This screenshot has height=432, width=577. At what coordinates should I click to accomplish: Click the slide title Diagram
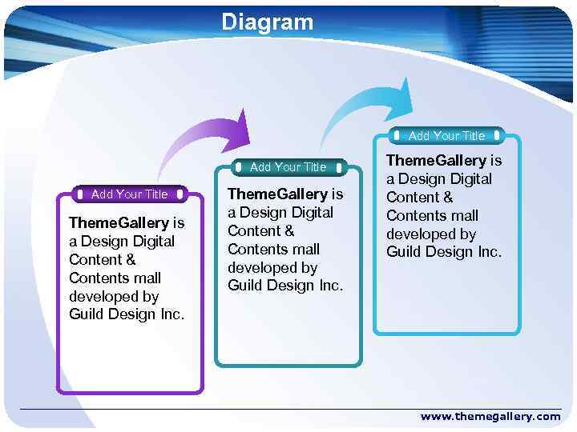point(268,22)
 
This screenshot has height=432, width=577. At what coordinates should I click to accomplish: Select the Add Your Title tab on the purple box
point(129,194)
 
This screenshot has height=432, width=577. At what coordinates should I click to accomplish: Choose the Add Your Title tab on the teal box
point(288,167)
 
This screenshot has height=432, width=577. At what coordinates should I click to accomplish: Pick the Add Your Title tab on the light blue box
point(446,135)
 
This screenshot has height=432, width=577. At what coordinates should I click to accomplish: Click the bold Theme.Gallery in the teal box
point(277,194)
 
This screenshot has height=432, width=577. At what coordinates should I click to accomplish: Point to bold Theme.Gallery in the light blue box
point(436,161)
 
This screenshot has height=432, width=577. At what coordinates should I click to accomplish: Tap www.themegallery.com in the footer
point(490,416)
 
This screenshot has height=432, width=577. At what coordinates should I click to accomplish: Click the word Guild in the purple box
point(87,314)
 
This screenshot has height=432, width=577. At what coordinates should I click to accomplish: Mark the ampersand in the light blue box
point(447,198)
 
